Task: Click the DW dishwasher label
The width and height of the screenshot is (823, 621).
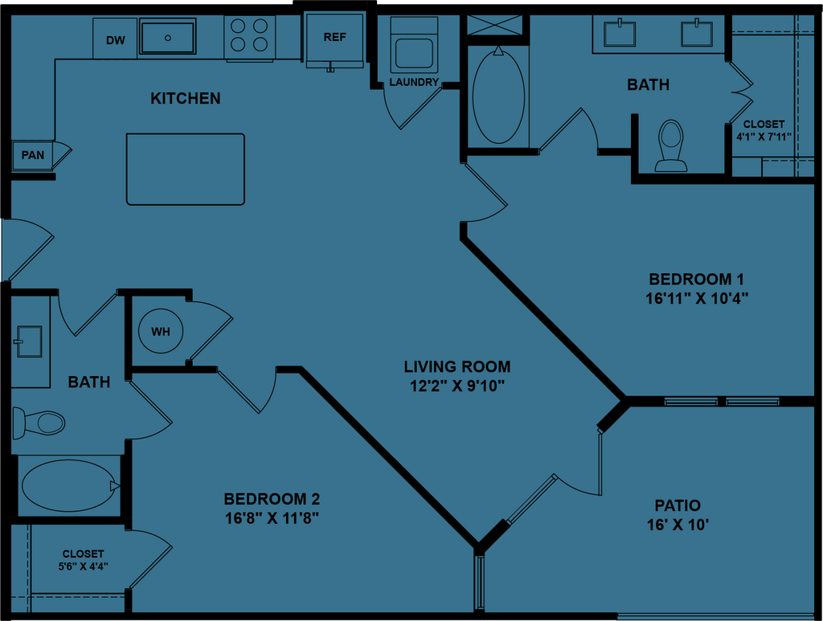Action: point(115,40)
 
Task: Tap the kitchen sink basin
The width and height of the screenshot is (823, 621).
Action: point(168,38)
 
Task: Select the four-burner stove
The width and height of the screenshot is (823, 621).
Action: point(249,36)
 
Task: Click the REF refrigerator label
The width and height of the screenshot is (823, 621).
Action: point(334,37)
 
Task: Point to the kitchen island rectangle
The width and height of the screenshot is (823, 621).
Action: point(186,169)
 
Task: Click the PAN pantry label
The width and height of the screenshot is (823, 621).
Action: point(33,155)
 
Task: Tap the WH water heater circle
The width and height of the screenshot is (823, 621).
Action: point(161,332)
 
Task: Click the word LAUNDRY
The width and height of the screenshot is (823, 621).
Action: point(414,82)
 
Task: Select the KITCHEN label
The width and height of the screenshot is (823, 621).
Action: point(186,99)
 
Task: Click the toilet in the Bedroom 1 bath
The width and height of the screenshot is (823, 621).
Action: point(670,145)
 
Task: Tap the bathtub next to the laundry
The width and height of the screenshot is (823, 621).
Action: point(498,96)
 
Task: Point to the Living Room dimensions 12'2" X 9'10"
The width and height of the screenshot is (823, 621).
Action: point(457,385)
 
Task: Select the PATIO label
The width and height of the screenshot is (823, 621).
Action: point(678,505)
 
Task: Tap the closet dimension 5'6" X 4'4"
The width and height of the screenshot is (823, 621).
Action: point(84,566)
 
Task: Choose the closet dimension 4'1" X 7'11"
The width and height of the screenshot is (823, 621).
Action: point(764,137)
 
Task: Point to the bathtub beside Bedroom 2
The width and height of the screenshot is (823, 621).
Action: point(68,485)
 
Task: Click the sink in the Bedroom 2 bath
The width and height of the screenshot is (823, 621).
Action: point(29,341)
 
